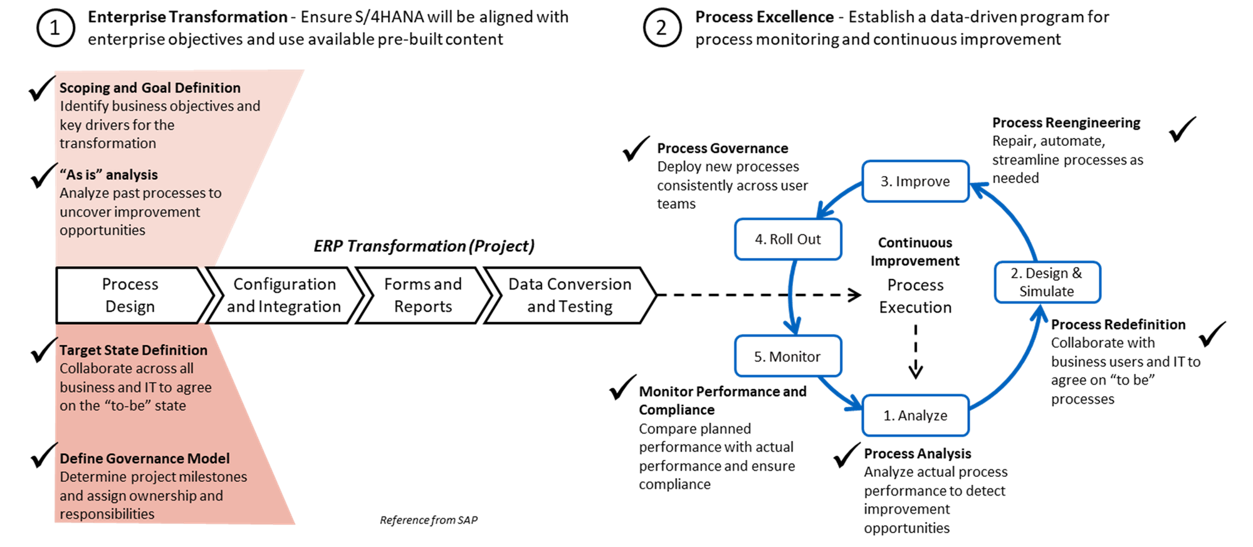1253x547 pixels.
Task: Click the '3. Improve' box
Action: pyautogui.click(x=915, y=181)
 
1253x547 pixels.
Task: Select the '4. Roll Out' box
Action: pyautogui.click(x=788, y=239)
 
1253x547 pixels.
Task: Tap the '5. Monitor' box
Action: pyautogui.click(x=787, y=357)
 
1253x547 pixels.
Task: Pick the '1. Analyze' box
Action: pyautogui.click(x=915, y=415)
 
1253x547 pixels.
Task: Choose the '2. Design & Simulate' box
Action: pyautogui.click(x=1047, y=282)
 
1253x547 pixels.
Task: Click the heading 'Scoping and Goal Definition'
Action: pyautogui.click(x=150, y=88)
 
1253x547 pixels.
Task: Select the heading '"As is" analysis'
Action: pyautogui.click(x=108, y=175)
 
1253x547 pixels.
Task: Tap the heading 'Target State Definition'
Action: pyautogui.click(x=133, y=350)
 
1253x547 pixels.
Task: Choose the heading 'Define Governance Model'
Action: pyautogui.click(x=144, y=459)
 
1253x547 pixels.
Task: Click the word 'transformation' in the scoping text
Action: pyautogui.click(x=108, y=143)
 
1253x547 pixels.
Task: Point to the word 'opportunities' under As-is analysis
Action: pyautogui.click(x=102, y=231)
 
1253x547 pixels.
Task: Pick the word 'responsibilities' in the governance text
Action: pyautogui.click(x=107, y=514)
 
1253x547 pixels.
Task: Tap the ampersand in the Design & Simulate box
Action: pyautogui.click(x=1077, y=273)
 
